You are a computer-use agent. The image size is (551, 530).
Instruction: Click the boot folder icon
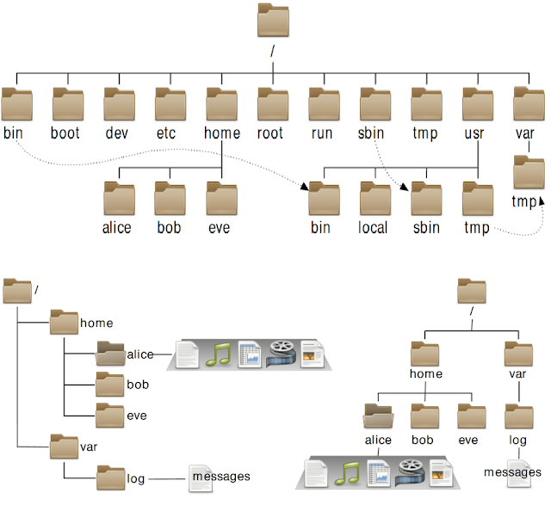point(66,105)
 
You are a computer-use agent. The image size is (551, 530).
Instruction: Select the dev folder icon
point(118,105)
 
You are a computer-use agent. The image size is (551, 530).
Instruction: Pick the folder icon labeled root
point(272,105)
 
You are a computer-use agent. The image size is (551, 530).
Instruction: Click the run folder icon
point(324,105)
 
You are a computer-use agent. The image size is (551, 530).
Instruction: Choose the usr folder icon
point(477,105)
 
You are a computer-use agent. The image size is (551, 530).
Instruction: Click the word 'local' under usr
point(374,228)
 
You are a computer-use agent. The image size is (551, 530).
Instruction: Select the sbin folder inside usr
point(426,200)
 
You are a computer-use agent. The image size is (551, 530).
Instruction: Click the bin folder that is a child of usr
point(324,200)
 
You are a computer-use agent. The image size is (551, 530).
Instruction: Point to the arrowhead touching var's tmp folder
point(541,202)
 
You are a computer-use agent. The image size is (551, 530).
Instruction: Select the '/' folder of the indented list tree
point(17,291)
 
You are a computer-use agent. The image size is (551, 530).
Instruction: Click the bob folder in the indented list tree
point(110,384)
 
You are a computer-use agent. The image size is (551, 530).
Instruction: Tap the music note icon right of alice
point(223,354)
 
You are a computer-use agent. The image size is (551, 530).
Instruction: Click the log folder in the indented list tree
point(110,476)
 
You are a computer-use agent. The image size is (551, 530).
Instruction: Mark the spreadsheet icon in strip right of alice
point(249,354)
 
